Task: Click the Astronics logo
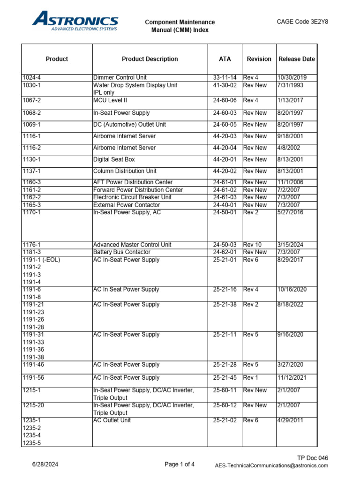coord(75,22)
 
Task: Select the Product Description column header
coord(150,59)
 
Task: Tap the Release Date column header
coord(296,59)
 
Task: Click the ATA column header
coord(225,59)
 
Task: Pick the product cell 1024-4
coord(32,77)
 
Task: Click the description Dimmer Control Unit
coord(120,77)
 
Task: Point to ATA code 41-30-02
coord(225,85)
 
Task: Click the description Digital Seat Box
coord(114,159)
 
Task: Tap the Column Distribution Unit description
coord(125,171)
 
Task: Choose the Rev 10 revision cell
coord(253,245)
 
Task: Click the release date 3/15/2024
coord(291,245)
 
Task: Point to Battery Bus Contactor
coord(121,252)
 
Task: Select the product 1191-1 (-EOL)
coord(42,260)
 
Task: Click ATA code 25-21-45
coord(225,378)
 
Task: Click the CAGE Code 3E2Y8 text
coord(302,21)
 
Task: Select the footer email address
coord(271,465)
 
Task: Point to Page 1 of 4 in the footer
coord(180,465)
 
